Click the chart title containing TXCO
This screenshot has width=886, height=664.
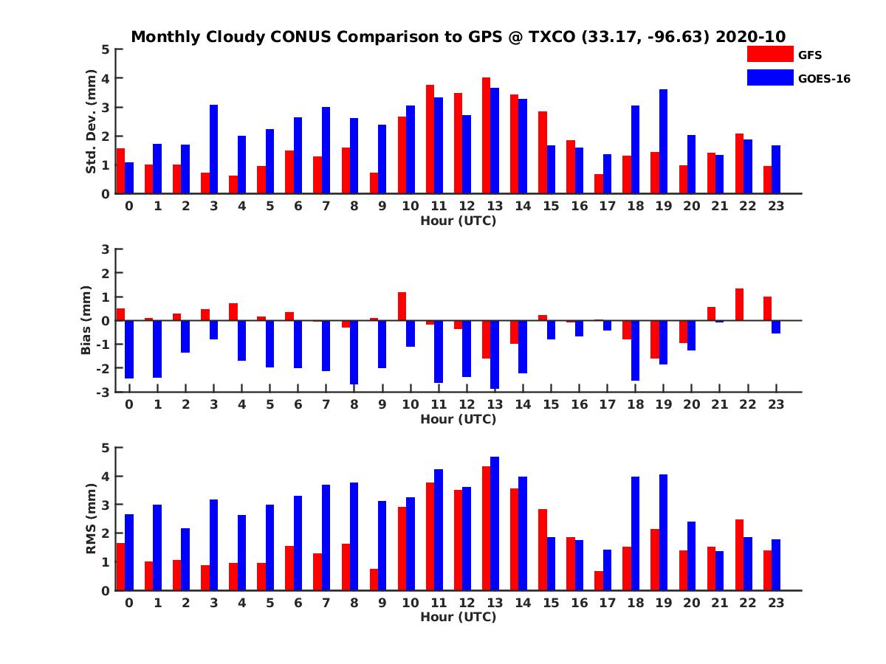(458, 37)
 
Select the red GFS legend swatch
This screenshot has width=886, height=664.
(769, 54)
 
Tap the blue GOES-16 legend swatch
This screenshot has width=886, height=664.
(769, 77)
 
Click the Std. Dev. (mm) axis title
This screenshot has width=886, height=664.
(92, 122)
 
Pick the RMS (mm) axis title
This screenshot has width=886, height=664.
(92, 519)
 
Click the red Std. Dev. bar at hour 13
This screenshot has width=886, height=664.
(486, 136)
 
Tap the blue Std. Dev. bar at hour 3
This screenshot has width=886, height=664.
(213, 149)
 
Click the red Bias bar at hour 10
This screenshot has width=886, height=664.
(402, 306)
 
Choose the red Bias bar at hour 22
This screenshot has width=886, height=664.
(739, 304)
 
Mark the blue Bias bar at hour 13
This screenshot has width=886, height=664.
(495, 354)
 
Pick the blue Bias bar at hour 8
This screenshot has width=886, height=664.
(354, 352)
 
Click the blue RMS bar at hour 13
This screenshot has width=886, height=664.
(495, 524)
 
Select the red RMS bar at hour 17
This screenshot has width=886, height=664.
(599, 581)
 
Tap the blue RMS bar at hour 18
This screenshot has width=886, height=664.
(635, 533)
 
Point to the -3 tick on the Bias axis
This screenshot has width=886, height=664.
(105, 392)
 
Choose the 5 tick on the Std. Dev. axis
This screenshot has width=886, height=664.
(106, 49)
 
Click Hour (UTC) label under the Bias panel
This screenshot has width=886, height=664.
(458, 419)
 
